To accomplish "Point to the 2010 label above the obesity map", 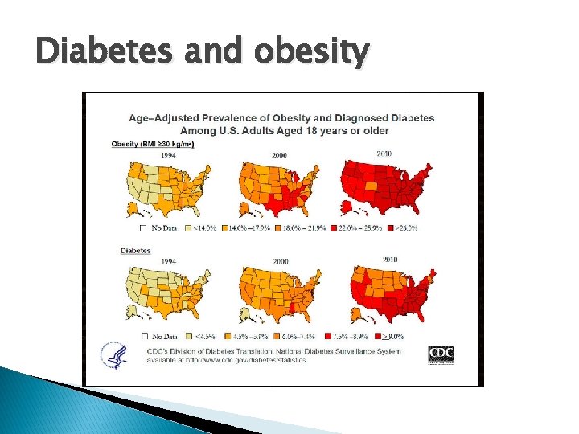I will (383, 154).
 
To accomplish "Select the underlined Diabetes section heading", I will (136, 251).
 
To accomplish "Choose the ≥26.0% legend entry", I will (407, 228).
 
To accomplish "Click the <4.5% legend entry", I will (202, 336).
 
